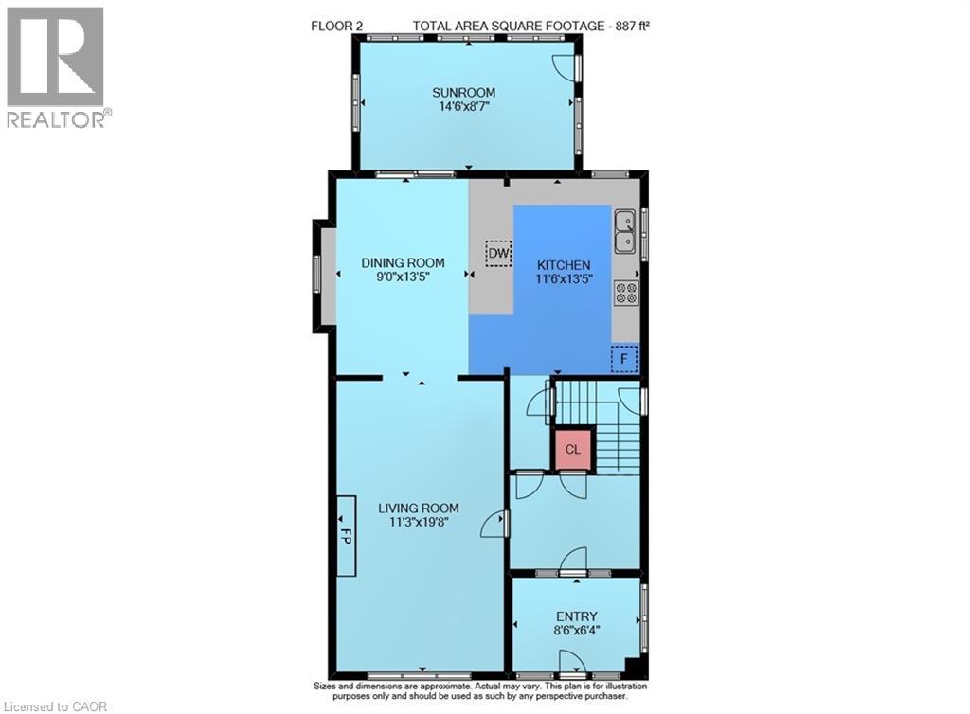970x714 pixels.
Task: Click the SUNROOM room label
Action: coord(463,93)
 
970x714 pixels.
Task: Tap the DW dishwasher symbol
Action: coord(498,253)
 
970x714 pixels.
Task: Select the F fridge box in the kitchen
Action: coord(624,359)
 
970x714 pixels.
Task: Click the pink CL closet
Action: coord(573,450)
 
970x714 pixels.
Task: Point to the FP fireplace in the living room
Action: coord(347,535)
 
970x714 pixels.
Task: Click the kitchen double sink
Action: coord(625,231)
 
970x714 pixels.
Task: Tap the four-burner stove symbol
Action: coord(626,293)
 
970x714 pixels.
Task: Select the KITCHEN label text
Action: coord(564,264)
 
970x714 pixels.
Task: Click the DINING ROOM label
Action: coord(403,262)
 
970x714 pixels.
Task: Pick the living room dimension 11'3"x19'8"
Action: coord(419,522)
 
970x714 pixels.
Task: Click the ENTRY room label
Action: coord(577,616)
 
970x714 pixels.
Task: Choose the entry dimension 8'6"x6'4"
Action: coord(577,631)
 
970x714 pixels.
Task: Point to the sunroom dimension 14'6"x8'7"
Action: coord(464,106)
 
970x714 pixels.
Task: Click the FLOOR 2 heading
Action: coord(336,26)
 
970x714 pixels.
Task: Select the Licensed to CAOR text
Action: coord(55,706)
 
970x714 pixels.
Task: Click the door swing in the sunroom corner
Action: coord(565,67)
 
